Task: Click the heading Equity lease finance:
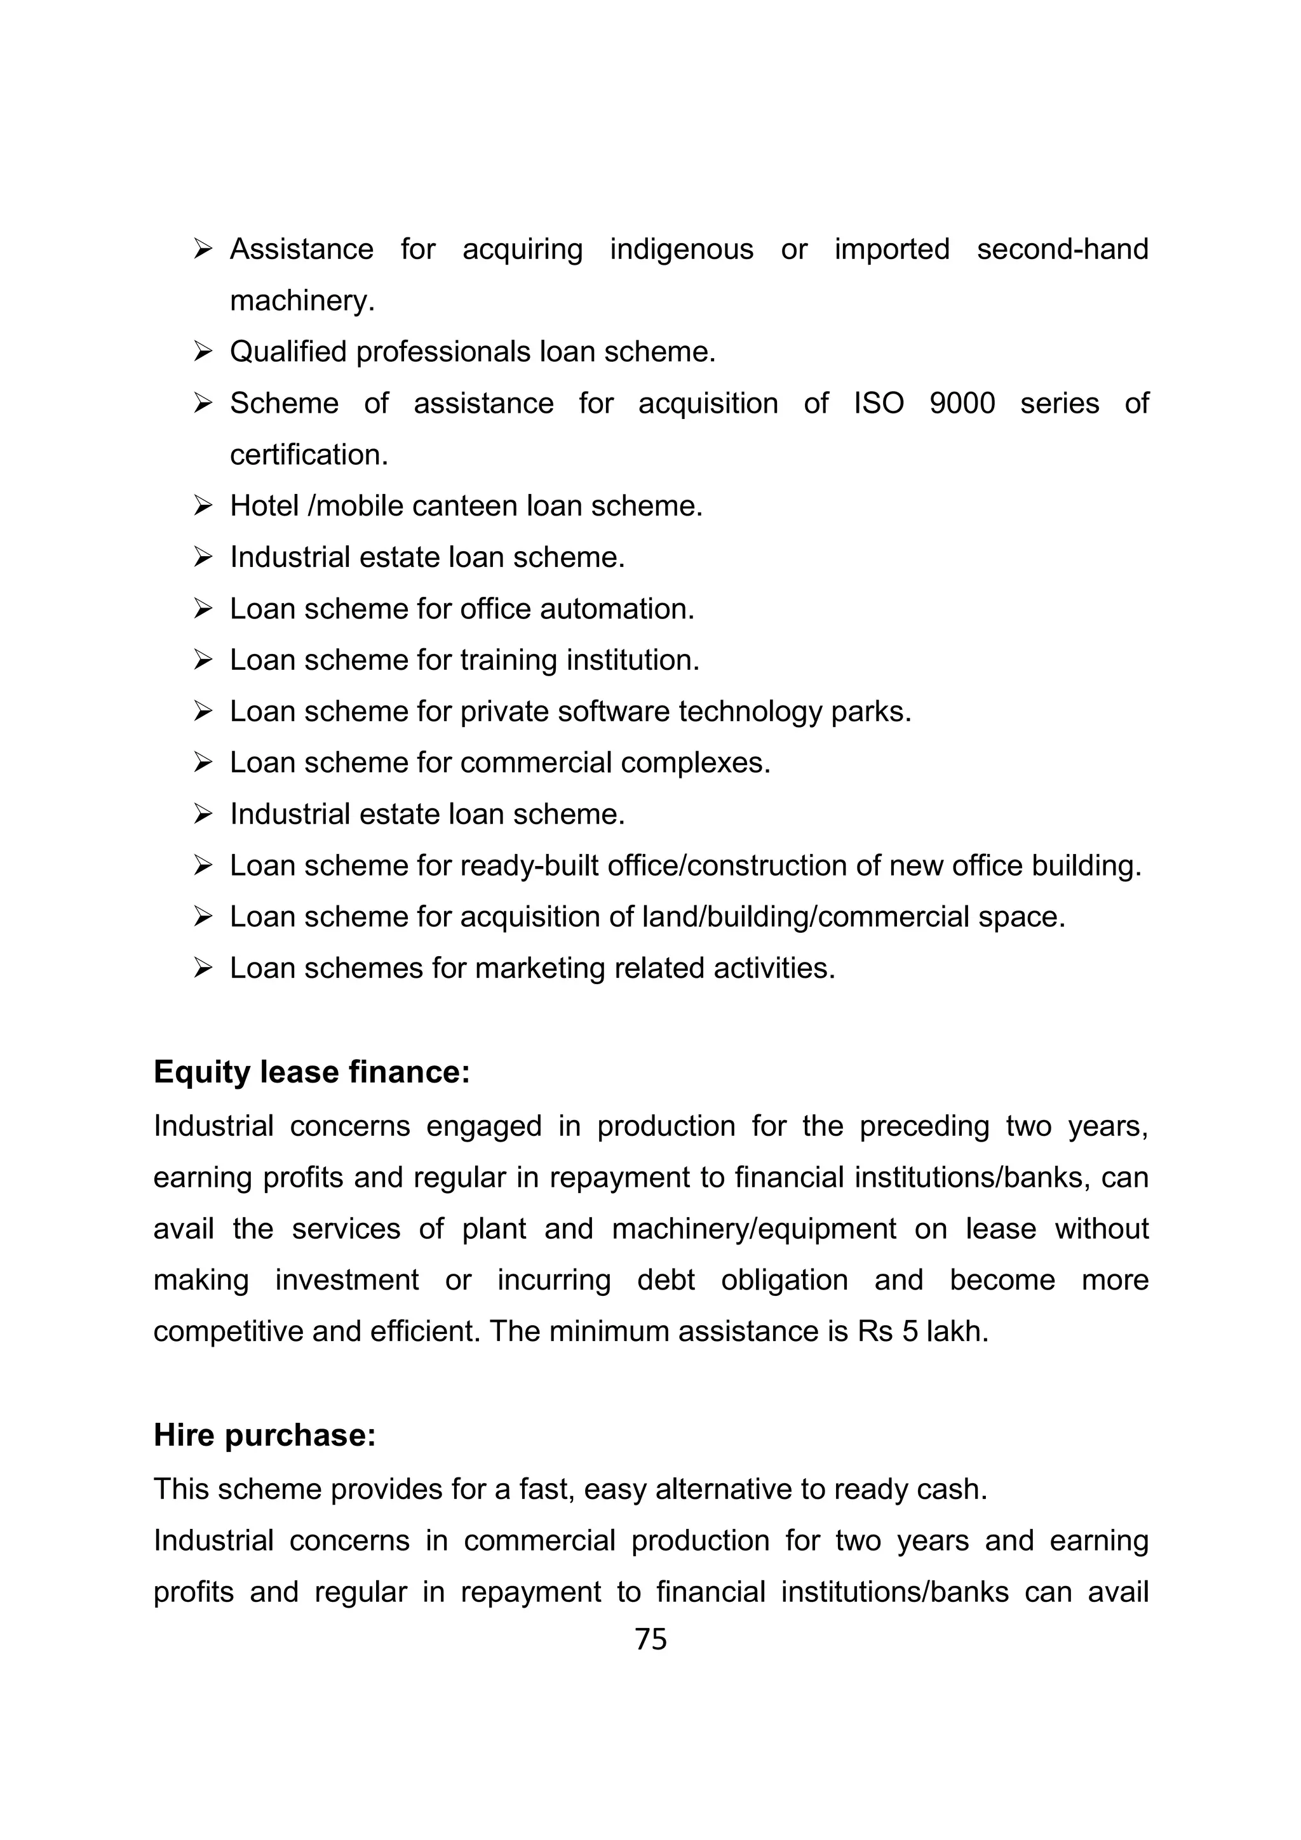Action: coord(311,1072)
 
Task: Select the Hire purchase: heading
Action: coord(264,1436)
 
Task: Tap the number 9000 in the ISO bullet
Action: coord(962,403)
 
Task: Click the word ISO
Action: coord(879,403)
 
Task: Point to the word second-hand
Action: coord(1062,250)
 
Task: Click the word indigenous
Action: coord(682,250)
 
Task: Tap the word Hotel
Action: coord(264,505)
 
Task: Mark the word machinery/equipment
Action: coord(753,1229)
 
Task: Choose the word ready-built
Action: coord(530,865)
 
